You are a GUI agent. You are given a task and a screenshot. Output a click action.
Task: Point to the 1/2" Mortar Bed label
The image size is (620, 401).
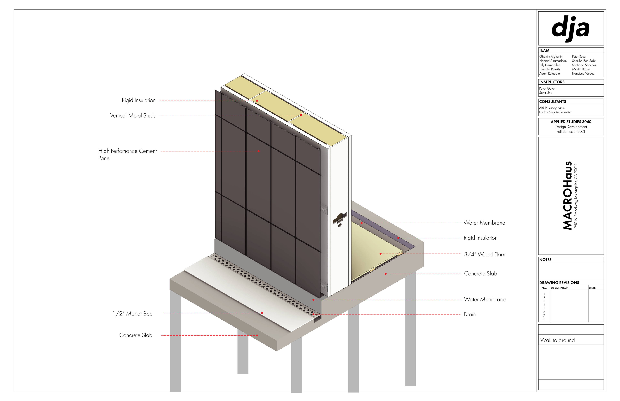(x=133, y=314)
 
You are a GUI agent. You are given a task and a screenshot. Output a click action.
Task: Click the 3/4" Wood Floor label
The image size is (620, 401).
(x=485, y=254)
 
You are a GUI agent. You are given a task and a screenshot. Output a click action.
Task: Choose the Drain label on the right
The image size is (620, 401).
(x=469, y=315)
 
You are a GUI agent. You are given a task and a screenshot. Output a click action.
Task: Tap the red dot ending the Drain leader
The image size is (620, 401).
(x=313, y=315)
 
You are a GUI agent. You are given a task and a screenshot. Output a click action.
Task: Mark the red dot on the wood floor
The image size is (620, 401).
(x=381, y=254)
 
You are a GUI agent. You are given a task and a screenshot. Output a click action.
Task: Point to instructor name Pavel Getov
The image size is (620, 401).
(x=547, y=89)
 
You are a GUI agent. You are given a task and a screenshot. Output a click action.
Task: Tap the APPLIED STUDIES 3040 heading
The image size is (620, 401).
(x=571, y=122)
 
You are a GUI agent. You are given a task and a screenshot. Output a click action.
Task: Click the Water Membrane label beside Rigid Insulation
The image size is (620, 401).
(x=484, y=223)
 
